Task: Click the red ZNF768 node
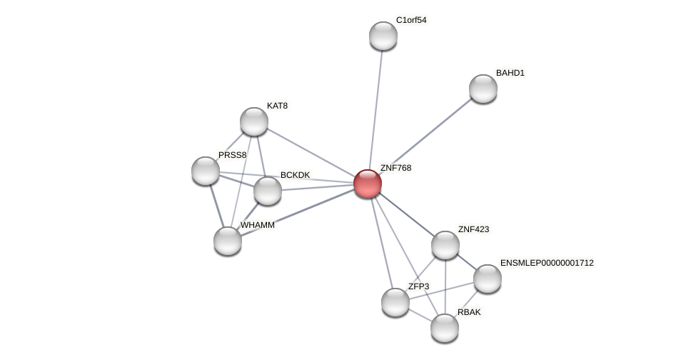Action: [x=368, y=184]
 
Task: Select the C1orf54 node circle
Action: [x=383, y=36]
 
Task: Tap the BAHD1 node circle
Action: [x=483, y=89]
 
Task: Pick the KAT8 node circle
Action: [x=254, y=121]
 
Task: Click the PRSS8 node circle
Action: [x=206, y=171]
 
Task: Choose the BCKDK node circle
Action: [x=268, y=191]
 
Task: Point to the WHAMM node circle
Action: [x=228, y=241]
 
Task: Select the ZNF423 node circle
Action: [x=445, y=245]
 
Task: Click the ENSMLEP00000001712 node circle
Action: [x=488, y=279]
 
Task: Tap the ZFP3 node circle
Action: [x=395, y=302]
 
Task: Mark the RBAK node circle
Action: [x=445, y=328]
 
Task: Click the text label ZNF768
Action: [x=395, y=168]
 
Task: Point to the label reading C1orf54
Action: [x=411, y=20]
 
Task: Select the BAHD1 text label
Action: [x=510, y=73]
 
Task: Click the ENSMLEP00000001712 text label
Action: [x=547, y=263]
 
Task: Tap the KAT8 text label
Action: [x=277, y=106]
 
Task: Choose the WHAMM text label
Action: [x=257, y=225]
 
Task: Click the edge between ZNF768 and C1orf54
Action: [x=375, y=107]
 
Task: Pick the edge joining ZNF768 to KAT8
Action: [x=311, y=152]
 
